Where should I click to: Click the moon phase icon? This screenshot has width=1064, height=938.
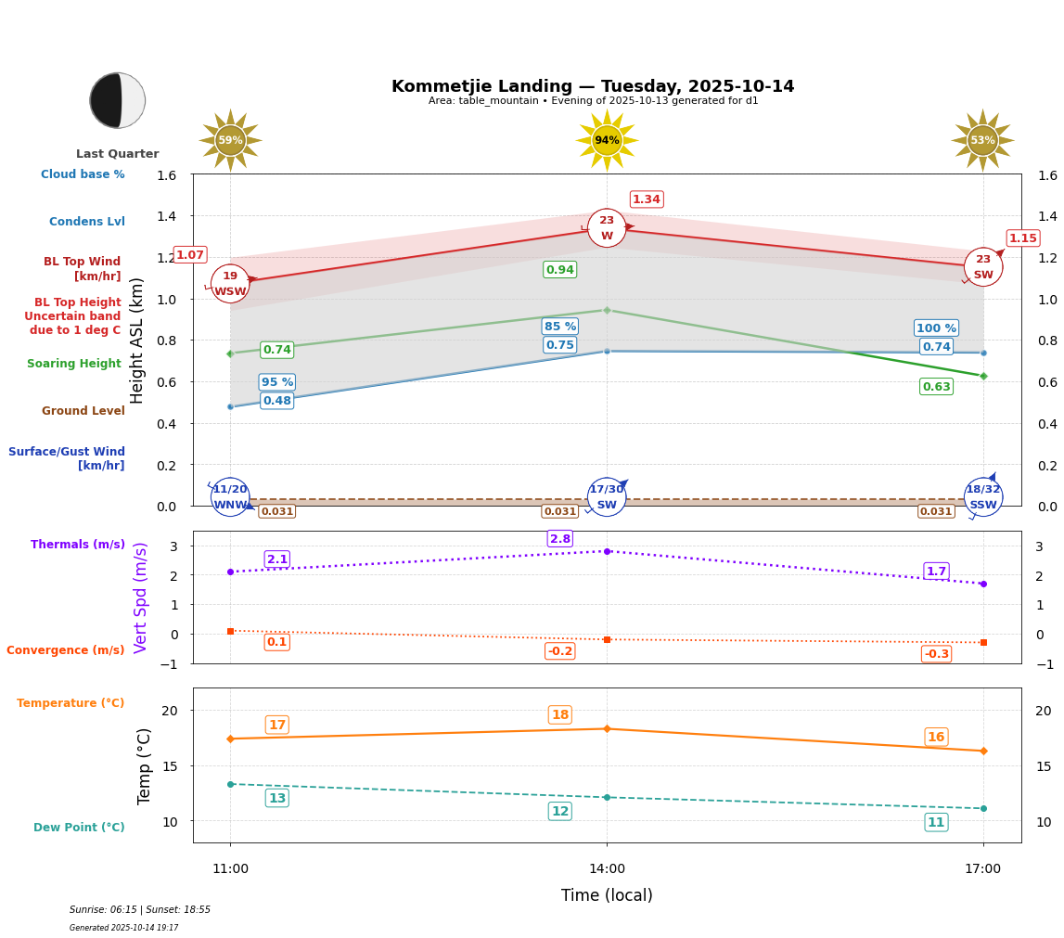[x=118, y=100]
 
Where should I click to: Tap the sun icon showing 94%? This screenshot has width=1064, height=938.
[x=607, y=140]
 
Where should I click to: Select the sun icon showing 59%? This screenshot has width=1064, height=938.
[x=230, y=140]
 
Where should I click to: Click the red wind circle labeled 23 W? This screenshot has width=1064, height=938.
[x=607, y=228]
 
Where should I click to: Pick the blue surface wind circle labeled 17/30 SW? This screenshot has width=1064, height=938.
[x=607, y=497]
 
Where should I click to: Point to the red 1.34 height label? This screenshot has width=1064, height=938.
[x=647, y=199]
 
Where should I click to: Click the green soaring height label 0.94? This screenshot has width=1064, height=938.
[x=559, y=270]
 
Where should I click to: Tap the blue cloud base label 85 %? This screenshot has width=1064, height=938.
[x=559, y=327]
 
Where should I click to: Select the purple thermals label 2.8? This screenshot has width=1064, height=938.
[x=560, y=539]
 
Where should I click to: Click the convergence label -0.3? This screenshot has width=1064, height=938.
[x=936, y=654]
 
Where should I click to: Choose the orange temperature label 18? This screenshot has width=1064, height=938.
[x=560, y=714]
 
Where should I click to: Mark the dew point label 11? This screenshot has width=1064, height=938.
[x=936, y=822]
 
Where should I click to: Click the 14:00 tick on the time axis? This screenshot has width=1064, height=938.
[x=607, y=868]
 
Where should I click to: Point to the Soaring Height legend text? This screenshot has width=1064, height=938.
[x=74, y=364]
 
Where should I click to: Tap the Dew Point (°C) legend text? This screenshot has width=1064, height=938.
[x=79, y=828]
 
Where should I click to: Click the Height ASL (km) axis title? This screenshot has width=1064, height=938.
[x=137, y=340]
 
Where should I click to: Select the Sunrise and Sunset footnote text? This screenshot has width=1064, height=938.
[x=140, y=910]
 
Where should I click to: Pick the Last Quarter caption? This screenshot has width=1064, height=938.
[x=118, y=154]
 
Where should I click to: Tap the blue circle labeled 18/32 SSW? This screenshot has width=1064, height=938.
[x=983, y=497]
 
